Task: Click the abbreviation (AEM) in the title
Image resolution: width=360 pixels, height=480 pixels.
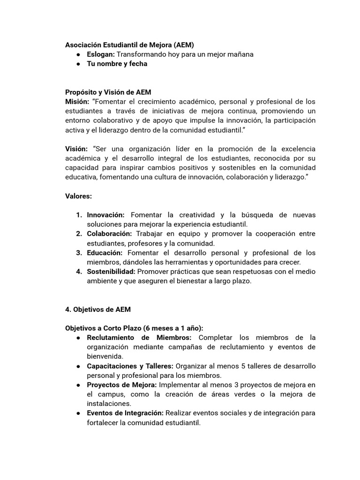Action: (183, 45)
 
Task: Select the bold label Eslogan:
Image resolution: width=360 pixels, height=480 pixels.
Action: (101, 54)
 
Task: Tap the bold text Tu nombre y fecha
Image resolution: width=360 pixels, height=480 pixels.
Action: (117, 64)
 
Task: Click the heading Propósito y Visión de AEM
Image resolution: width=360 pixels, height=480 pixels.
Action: (108, 92)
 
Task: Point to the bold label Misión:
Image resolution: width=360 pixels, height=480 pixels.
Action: (77, 101)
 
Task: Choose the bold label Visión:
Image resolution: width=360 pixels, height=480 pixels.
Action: (76, 149)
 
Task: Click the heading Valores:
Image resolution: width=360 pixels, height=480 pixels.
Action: (78, 196)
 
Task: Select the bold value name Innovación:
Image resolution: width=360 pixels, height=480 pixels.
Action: (106, 215)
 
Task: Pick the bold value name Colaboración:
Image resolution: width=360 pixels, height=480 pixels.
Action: (110, 233)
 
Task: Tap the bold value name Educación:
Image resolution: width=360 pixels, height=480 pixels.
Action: (105, 253)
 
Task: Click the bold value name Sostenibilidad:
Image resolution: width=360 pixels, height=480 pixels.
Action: (111, 271)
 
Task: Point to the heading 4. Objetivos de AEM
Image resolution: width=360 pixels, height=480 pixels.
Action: (98, 309)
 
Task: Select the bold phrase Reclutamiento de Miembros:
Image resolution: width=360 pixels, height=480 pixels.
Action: (139, 337)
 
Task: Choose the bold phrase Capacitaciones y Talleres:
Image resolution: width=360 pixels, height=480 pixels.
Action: (130, 366)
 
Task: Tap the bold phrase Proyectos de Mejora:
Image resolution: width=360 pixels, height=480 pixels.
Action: (122, 385)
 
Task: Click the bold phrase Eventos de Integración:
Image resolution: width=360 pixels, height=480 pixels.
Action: (125, 413)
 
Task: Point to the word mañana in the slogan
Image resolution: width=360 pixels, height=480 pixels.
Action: (240, 54)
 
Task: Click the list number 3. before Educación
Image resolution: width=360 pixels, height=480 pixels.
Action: (79, 253)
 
